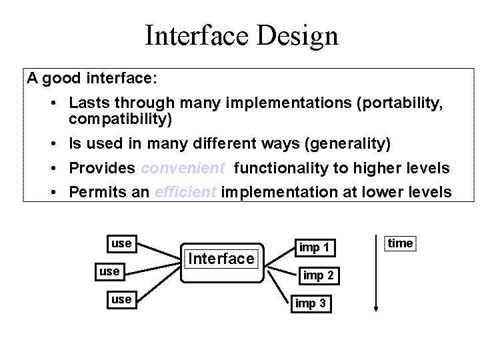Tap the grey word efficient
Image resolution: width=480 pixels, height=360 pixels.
click(x=185, y=193)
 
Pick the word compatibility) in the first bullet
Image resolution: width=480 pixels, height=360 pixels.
click(x=120, y=120)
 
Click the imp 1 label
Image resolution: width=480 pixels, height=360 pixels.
click(x=313, y=247)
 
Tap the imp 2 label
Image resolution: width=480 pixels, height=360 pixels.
click(x=318, y=275)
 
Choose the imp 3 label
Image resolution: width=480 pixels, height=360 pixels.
click(x=311, y=303)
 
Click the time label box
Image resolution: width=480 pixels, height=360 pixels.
click(x=400, y=243)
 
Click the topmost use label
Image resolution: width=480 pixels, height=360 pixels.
click(x=121, y=243)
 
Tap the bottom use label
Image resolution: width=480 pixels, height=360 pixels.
click(x=121, y=299)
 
